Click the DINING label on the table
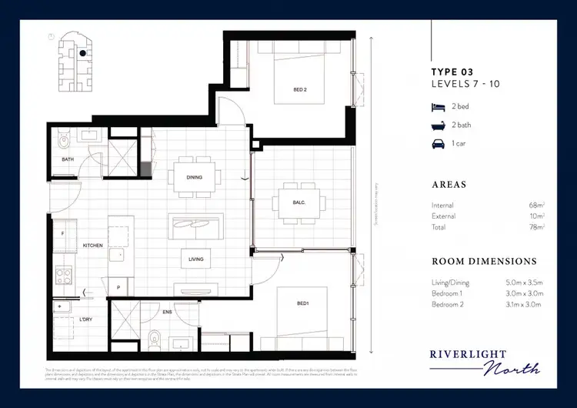[x=194, y=177]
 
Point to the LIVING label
[x=195, y=259]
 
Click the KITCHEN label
[x=92, y=245]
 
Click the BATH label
[x=67, y=159]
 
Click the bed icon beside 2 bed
[x=437, y=109]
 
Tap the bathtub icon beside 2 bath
[x=437, y=125]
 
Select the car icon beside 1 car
[x=437, y=143]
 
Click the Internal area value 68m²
[x=537, y=206]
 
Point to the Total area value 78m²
[x=537, y=227]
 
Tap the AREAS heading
[x=449, y=186]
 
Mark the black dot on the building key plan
[x=81, y=54]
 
